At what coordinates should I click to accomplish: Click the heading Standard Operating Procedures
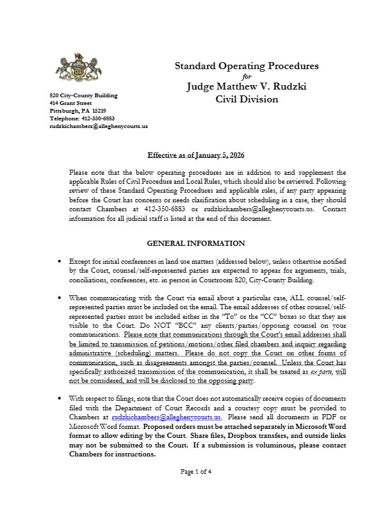coord(247,66)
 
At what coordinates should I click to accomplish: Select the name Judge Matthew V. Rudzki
coord(247,86)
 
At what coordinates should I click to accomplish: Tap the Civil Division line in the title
coord(247,99)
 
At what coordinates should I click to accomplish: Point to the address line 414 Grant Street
coord(70,103)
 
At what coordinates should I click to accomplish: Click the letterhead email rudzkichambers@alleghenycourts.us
coord(99,126)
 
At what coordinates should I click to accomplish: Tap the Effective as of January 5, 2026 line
coord(196,156)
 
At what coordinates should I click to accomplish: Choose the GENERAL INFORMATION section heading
coord(196,243)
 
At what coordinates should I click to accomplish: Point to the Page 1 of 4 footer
coord(196,489)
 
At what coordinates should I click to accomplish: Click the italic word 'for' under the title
coord(247,76)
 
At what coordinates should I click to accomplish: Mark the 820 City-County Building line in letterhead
coord(83,95)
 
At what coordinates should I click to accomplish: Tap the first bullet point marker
coord(60,261)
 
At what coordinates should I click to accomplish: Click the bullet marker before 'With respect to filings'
coord(60,398)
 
